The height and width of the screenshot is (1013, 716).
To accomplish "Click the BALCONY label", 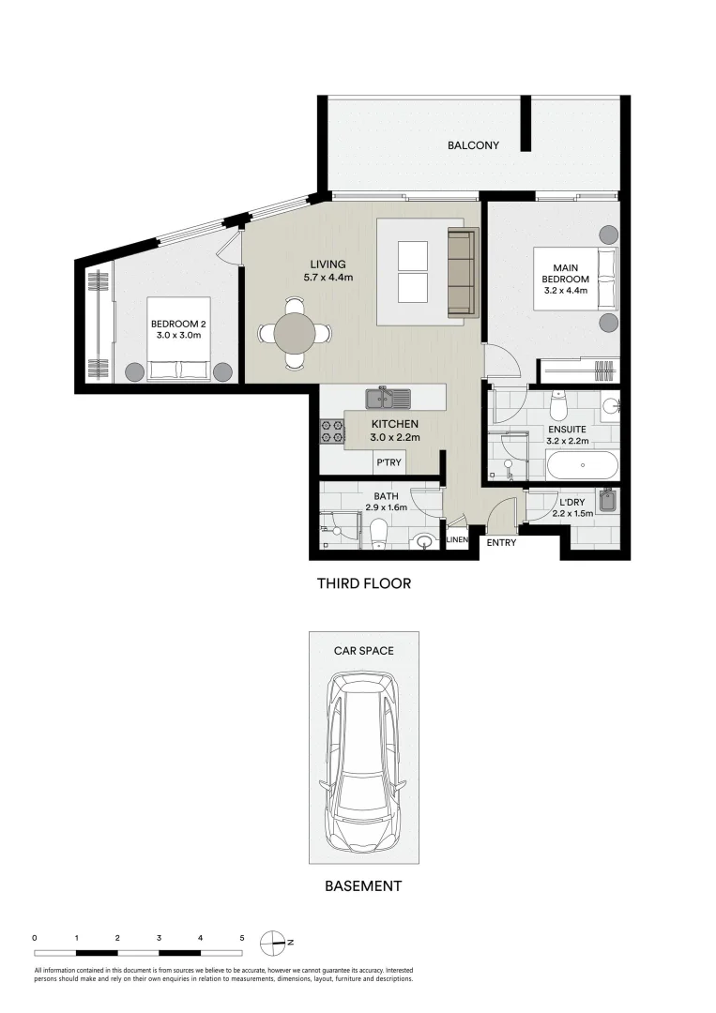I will coord(473,145).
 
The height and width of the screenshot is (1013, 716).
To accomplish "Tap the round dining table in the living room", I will coord(295,332).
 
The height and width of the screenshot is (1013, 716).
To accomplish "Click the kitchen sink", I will coord(388,399).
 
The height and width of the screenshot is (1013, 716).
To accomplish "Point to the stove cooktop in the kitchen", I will coord(332,431).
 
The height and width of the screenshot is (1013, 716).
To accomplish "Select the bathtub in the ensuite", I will coord(582,464).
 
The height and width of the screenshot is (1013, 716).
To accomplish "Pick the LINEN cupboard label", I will coord(457,540).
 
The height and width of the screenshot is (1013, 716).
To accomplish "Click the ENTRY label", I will coord(501,542).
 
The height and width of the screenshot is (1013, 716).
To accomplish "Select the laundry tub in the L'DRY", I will coord(606,504).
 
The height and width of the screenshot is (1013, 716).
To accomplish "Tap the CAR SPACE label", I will coord(364,649).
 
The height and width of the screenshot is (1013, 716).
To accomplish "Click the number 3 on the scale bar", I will coord(159,937).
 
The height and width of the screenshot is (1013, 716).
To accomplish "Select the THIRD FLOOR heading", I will coord(363,583).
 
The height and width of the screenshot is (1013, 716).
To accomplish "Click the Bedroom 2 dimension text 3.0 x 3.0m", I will coord(177,335).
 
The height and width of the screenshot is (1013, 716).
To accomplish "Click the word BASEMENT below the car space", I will coord(363,885).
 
